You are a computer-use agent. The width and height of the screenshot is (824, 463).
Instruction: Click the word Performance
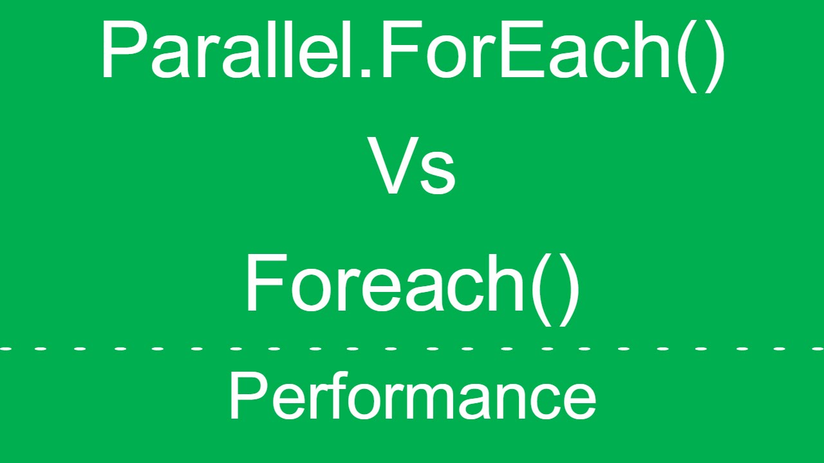click(412, 397)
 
